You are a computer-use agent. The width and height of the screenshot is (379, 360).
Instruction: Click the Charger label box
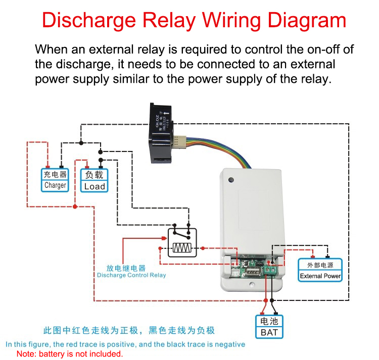(55, 180)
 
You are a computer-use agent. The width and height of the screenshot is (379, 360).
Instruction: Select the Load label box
(94, 180)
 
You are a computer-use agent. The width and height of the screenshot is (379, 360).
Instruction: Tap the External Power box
(320, 271)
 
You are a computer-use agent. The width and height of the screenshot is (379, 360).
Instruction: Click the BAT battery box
(269, 327)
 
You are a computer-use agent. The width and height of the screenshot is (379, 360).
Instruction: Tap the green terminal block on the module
(269, 271)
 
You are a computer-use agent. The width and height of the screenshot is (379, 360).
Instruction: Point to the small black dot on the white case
(231, 180)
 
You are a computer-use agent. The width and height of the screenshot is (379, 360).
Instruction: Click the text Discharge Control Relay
(131, 275)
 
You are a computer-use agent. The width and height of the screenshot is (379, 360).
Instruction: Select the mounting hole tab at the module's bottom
(251, 285)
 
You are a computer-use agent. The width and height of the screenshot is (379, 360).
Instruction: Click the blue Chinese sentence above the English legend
(129, 331)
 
